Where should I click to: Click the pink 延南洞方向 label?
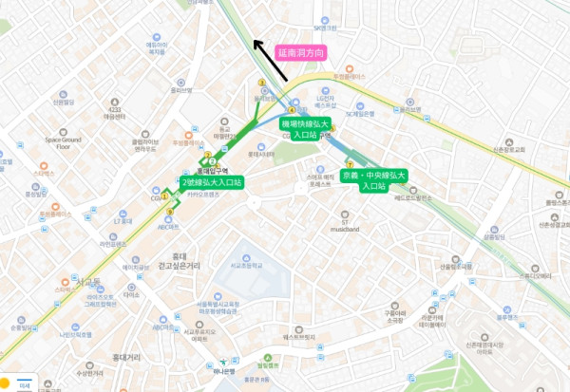(x=302, y=53)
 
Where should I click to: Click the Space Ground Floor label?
(x=64, y=142)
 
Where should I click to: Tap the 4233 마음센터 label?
(x=115, y=113)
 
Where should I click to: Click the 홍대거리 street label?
(x=126, y=357)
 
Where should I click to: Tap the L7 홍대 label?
(x=123, y=221)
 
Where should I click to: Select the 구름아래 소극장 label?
(x=393, y=316)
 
